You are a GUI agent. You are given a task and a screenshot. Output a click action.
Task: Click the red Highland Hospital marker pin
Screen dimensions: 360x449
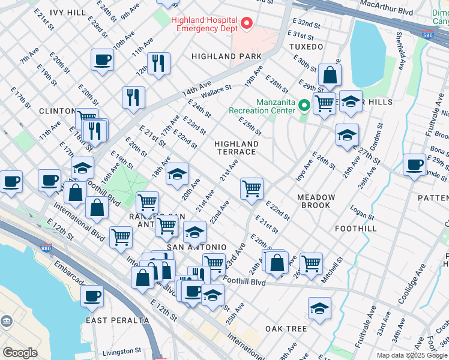pos(246,25)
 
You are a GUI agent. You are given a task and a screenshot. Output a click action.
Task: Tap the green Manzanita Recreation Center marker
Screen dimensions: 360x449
pos(304,106)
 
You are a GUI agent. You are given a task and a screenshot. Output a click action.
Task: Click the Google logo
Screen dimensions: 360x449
pos(20,353)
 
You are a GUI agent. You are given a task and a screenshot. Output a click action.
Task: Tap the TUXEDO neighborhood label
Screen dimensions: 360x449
pos(306,46)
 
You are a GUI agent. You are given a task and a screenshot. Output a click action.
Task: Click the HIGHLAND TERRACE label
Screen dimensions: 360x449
pos(237,148)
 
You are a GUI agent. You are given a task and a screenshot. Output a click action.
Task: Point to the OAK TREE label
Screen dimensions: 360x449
pos(286,329)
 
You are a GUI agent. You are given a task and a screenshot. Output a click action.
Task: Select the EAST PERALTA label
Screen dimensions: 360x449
pos(117,320)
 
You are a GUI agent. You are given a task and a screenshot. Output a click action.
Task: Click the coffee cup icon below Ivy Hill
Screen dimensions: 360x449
pos(102,60)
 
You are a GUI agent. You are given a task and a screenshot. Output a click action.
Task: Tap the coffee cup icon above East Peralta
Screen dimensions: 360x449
pos(92,295)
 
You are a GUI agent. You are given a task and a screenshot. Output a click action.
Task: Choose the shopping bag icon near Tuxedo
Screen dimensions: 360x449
pos(330,75)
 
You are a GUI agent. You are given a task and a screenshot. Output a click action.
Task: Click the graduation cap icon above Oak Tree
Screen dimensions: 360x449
pos(319,308)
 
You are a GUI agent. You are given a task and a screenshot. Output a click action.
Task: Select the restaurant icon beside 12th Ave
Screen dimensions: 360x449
pos(158,63)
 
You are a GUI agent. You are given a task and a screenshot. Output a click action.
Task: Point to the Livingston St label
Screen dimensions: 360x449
pos(121,350)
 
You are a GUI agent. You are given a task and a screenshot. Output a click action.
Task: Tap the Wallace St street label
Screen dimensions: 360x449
pos(216,92)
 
